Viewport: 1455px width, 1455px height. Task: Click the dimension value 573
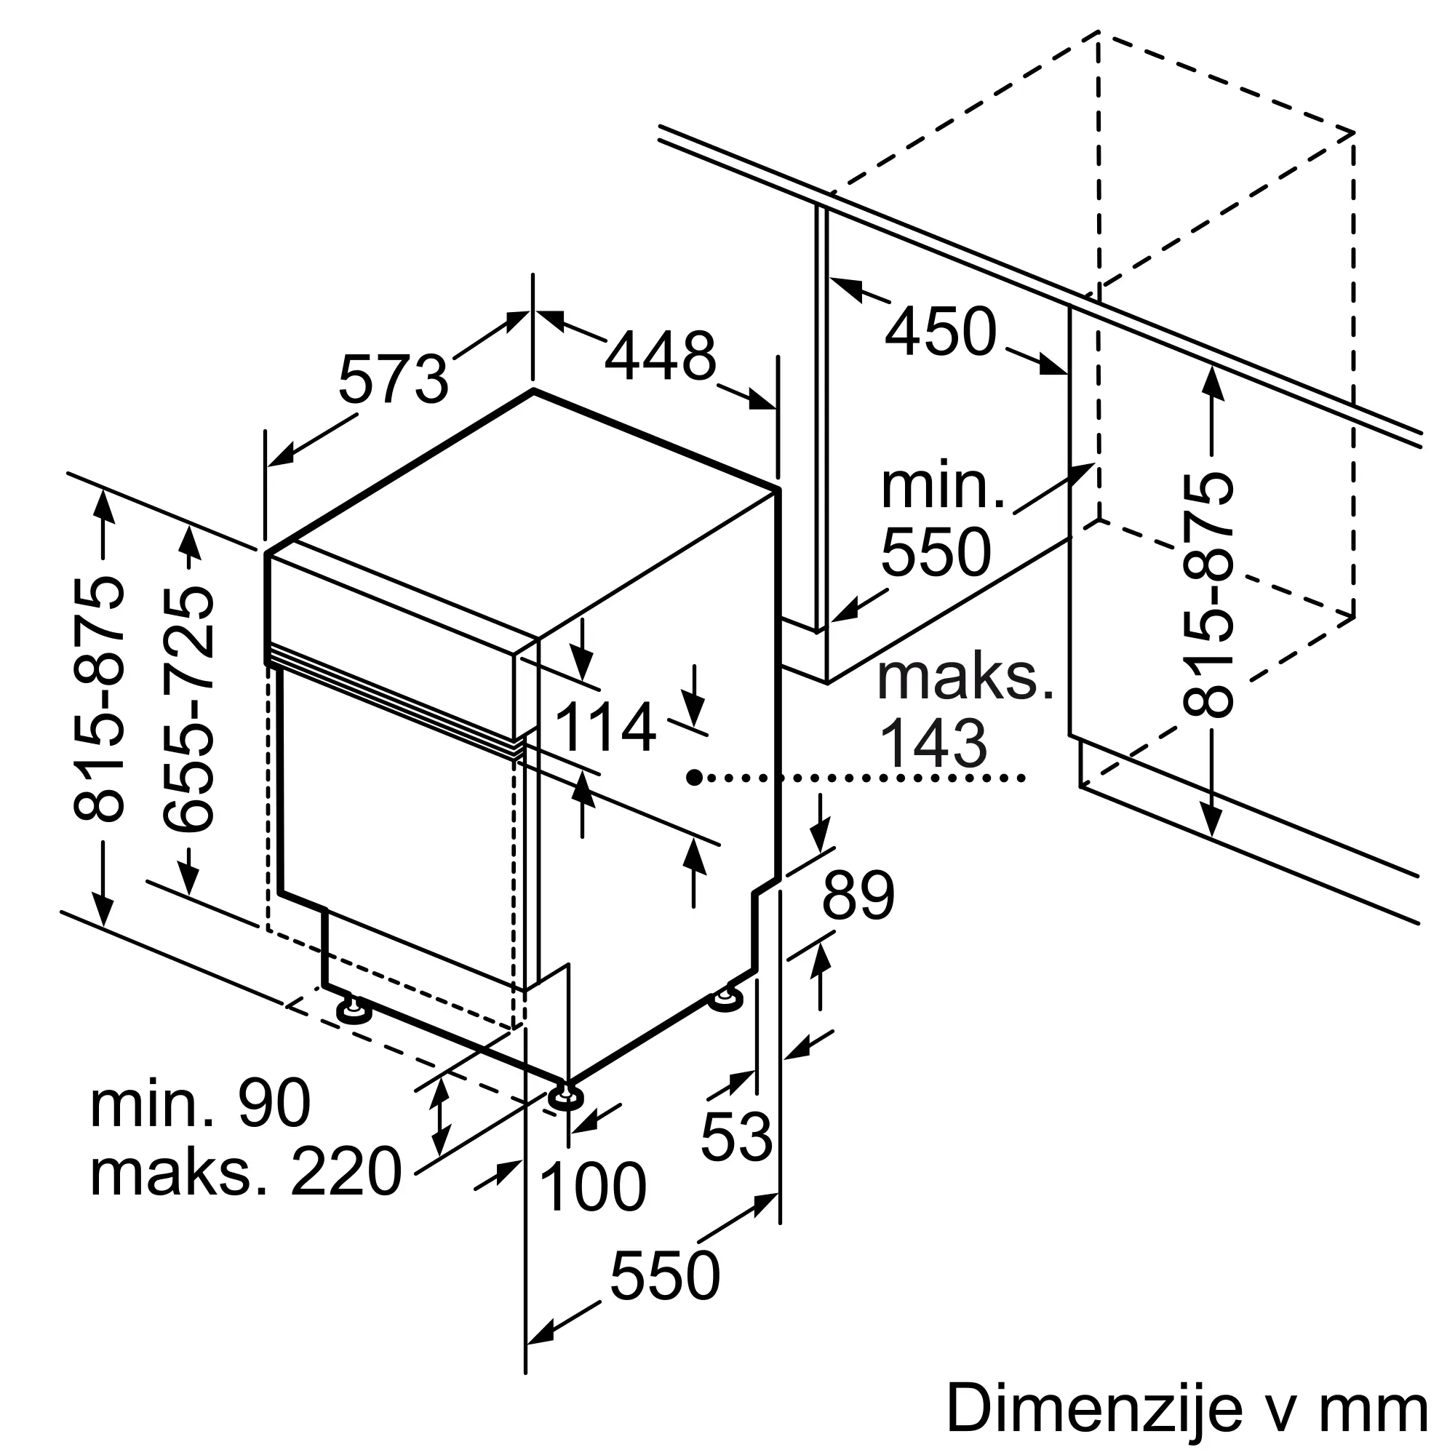pyautogui.click(x=393, y=380)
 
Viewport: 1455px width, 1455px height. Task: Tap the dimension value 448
pyautogui.click(x=661, y=356)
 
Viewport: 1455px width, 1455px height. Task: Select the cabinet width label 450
pyautogui.click(x=941, y=330)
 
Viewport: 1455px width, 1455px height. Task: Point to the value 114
pyautogui.click(x=605, y=727)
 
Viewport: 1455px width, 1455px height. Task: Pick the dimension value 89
pyautogui.click(x=858, y=896)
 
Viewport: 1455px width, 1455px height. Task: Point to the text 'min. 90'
pyautogui.click(x=200, y=1104)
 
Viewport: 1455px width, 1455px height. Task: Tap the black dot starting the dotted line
pyautogui.click(x=694, y=776)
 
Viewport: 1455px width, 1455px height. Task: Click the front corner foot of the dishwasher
pyautogui.click(x=564, y=1096)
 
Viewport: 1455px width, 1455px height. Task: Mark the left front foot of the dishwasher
pyautogui.click(x=354, y=1010)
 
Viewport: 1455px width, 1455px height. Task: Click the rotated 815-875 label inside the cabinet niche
pyautogui.click(x=1208, y=594)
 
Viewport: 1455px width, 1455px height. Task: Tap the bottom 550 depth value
pyautogui.click(x=665, y=1275)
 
